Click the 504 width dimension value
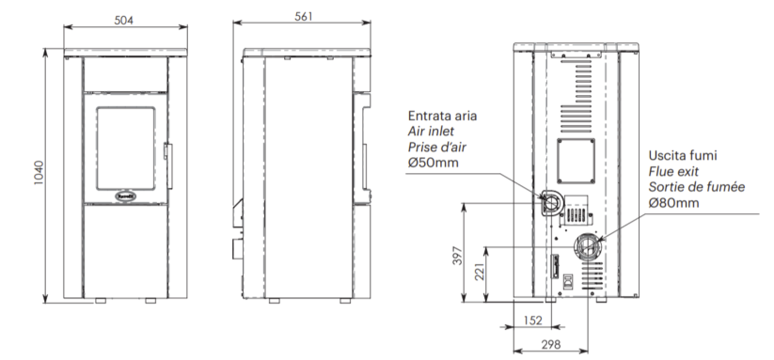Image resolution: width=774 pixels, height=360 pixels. (x=124, y=21)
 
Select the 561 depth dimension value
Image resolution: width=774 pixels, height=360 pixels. (x=304, y=16)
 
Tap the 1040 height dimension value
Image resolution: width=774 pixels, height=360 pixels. (x=39, y=173)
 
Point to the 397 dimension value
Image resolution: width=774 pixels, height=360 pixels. (x=458, y=256)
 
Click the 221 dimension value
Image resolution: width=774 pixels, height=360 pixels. (x=480, y=272)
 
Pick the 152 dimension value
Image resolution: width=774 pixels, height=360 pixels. (x=532, y=321)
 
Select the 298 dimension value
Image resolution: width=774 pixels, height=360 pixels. (x=551, y=344)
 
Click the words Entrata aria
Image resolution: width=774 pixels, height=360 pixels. (x=442, y=116)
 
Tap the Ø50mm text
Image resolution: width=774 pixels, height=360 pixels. (x=433, y=163)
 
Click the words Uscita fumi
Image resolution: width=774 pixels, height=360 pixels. (x=683, y=155)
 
